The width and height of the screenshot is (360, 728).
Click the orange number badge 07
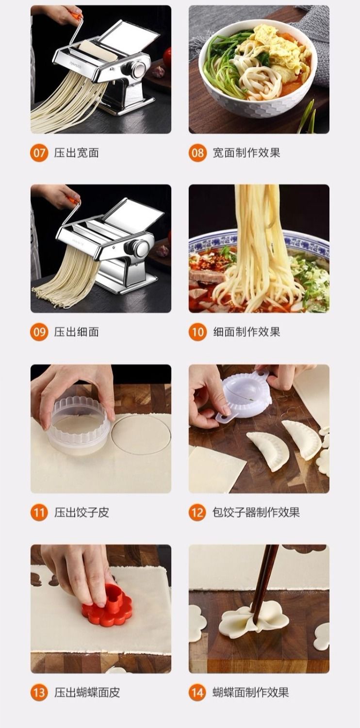coord(39,153)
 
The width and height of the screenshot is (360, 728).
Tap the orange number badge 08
coord(197,153)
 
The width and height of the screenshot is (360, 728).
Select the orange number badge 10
coord(197,332)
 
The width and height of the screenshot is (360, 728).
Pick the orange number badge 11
coord(39,513)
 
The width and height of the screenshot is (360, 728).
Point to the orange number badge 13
coord(39,692)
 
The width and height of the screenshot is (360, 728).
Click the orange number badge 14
coord(197,692)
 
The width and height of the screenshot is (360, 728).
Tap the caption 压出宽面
coord(76,153)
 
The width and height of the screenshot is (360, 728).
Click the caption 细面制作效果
coord(246,332)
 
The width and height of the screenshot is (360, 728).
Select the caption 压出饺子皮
coord(82,513)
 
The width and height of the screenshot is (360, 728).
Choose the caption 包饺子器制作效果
coord(256,513)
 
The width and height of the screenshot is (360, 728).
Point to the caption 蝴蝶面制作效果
coord(251,692)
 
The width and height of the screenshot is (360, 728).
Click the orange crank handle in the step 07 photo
coord(77,15)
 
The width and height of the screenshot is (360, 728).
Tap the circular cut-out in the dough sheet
coord(141,434)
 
